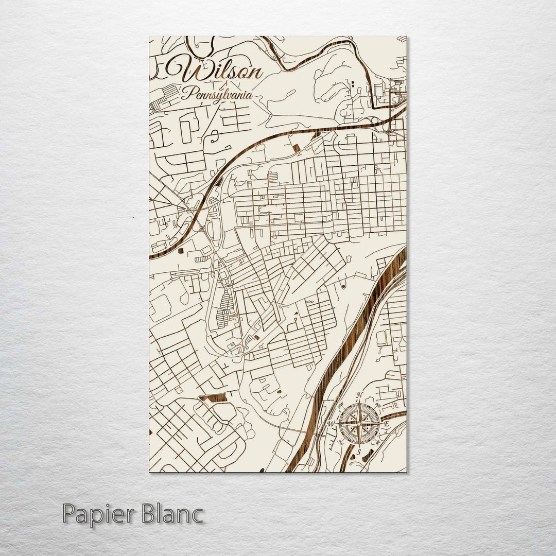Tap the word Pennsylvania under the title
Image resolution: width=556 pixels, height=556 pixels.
pyautogui.click(x=217, y=95)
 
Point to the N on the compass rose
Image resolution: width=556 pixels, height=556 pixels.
pyautogui.click(x=360, y=395)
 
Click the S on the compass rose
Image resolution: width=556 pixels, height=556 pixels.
pyautogui.click(x=360, y=452)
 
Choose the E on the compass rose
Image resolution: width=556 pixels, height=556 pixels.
pyautogui.click(x=387, y=424)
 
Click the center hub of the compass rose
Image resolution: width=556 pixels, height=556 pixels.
pyautogui.click(x=360, y=424)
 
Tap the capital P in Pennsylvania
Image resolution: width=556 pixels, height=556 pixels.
pyautogui.click(x=185, y=94)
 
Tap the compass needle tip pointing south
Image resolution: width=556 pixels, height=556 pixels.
pyautogui.click(x=360, y=446)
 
